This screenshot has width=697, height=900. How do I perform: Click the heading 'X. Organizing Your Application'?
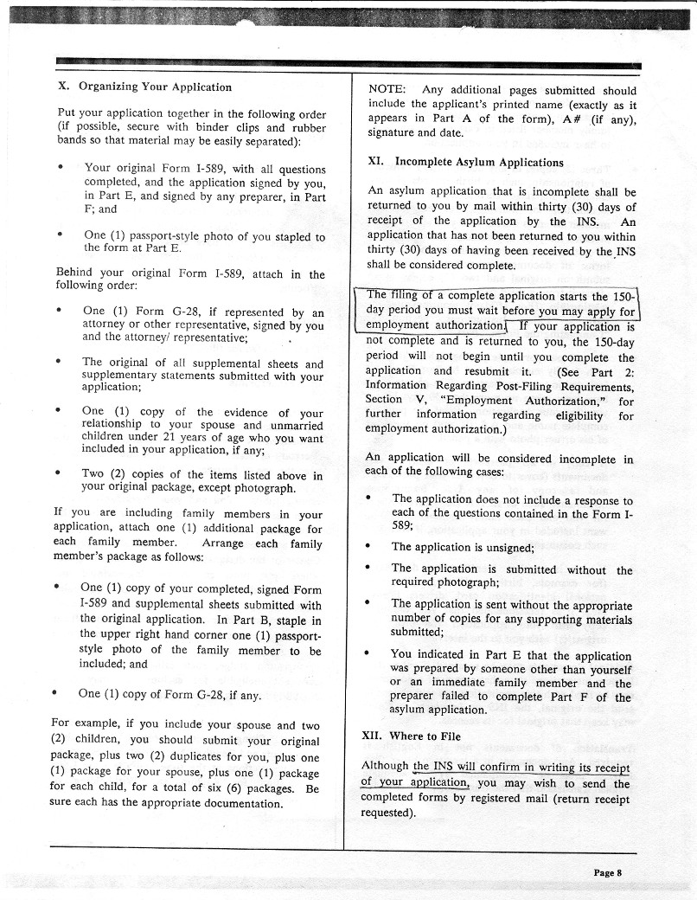(144, 87)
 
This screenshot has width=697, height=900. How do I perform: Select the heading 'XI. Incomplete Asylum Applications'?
(465, 162)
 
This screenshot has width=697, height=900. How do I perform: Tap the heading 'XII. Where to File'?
(411, 736)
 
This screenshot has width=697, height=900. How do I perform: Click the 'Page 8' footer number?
(608, 872)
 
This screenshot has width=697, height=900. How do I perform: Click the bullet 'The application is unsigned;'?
(463, 547)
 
